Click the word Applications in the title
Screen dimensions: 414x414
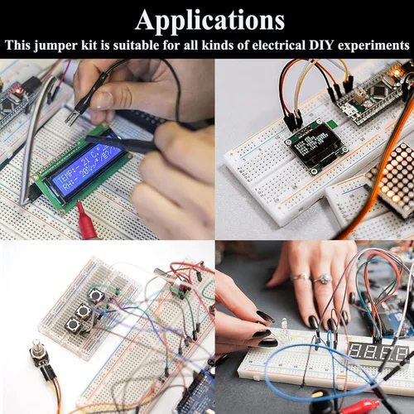(x=209, y=19)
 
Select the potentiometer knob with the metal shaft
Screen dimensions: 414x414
(x=36, y=357)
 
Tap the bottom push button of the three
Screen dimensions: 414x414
(x=70, y=330)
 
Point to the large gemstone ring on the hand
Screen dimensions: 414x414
(x=324, y=278)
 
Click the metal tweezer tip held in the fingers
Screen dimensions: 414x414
(x=74, y=118)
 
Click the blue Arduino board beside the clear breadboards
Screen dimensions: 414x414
(x=190, y=392)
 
